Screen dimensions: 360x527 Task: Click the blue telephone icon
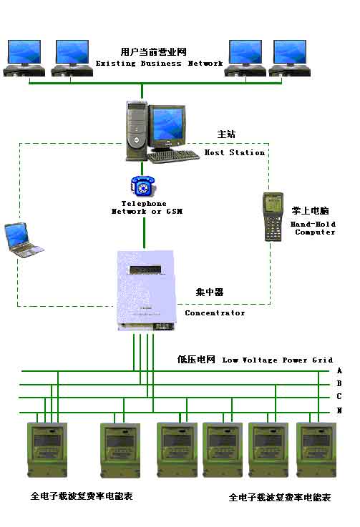coord(142,185)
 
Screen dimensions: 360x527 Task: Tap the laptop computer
coord(24,240)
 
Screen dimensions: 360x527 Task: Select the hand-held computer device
coord(273,217)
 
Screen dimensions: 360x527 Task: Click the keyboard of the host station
coord(173,156)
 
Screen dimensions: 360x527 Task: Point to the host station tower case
coord(137,131)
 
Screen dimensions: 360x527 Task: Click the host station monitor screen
coord(168,124)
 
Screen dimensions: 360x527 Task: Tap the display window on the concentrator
coord(145,270)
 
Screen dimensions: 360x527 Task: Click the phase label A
coord(339,370)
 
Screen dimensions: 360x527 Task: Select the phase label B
coord(339,383)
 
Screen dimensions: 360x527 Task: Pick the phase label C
coord(339,397)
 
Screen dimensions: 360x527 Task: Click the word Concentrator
coord(215,313)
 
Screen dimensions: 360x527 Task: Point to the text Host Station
coord(235,152)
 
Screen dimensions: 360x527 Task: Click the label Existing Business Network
coord(159,63)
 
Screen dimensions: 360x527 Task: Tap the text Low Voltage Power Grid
coord(277,360)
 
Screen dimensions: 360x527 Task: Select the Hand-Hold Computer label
coord(313,228)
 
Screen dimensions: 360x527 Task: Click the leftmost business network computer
coord(24,58)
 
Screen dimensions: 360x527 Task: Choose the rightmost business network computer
coord(290,58)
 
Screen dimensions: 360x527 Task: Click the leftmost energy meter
coord(47,450)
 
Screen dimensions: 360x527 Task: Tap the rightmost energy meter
coord(316,450)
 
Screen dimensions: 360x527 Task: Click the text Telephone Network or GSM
coord(147,207)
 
